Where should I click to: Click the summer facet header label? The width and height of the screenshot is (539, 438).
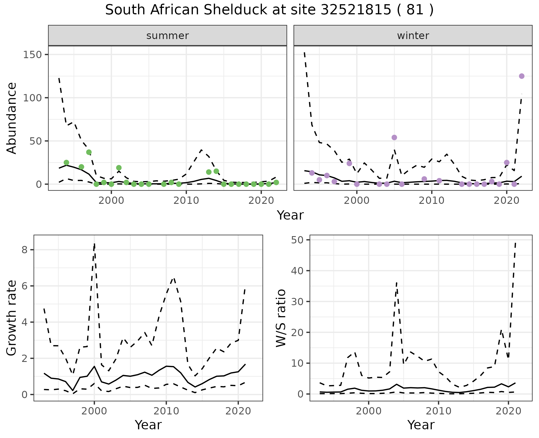pos(168,36)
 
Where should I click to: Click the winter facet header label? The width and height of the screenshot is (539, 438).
pos(413,36)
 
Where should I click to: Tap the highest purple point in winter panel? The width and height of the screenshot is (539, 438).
pos(522,76)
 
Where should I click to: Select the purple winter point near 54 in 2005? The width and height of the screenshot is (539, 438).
pos(394,137)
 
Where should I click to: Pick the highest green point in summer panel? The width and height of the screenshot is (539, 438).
pos(89,152)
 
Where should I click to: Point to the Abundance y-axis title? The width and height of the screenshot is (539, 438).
pos(12,118)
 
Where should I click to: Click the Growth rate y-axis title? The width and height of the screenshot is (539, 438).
pos(12,318)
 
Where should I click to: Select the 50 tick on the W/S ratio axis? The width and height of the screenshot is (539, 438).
pos(298,240)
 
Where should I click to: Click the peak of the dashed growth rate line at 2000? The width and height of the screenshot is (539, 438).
pos(95,244)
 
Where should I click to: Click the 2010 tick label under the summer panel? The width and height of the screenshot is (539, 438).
pos(186,201)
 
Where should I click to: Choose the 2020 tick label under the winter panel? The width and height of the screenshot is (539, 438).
pos(506,201)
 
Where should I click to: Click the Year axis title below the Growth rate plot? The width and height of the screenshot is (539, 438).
pos(148,425)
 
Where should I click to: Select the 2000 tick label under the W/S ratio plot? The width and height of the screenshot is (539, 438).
pos(368,411)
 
